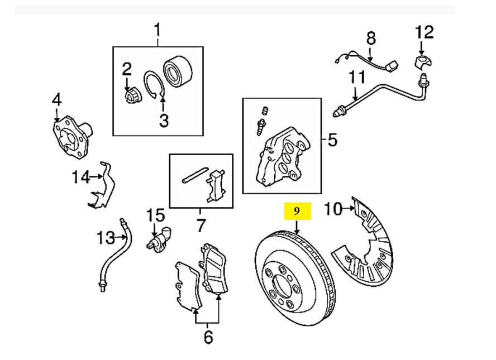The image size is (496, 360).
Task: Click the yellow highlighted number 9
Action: [x=297, y=211]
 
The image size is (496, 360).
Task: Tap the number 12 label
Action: [x=424, y=32]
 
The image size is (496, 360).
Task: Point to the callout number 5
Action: [x=332, y=140]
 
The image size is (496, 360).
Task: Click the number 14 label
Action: [x=80, y=177]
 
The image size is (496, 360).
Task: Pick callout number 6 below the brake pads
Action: [x=207, y=337]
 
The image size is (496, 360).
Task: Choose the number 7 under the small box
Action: [x=201, y=226]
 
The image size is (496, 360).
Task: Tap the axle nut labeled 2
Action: [x=131, y=97]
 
